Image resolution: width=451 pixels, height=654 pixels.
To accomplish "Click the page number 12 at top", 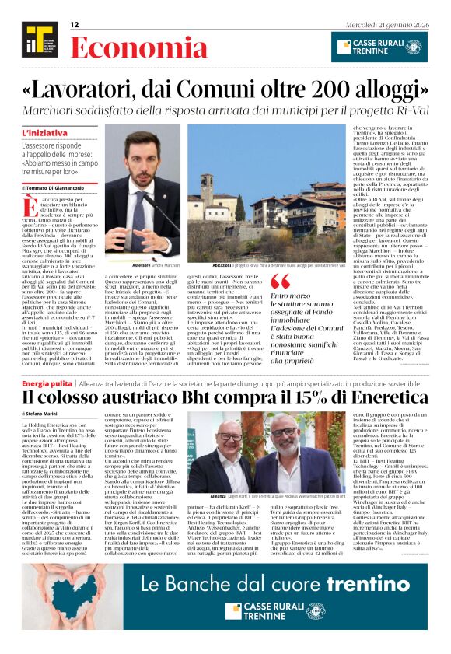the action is tap(75, 25).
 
